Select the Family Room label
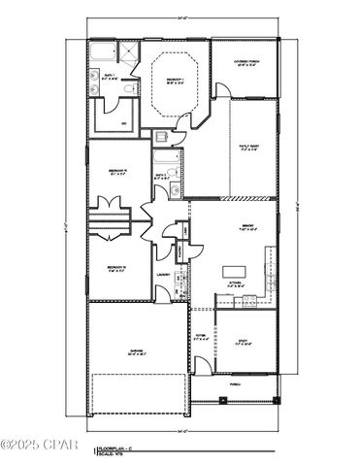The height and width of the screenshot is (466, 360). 250,147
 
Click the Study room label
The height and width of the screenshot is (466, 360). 245,342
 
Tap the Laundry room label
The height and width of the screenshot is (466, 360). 163,275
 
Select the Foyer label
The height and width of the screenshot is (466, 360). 200,338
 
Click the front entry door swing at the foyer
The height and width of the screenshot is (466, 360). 200,367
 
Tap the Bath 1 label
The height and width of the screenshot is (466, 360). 109,75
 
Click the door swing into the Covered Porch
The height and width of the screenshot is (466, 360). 223,90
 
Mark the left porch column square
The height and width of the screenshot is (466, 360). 191,399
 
